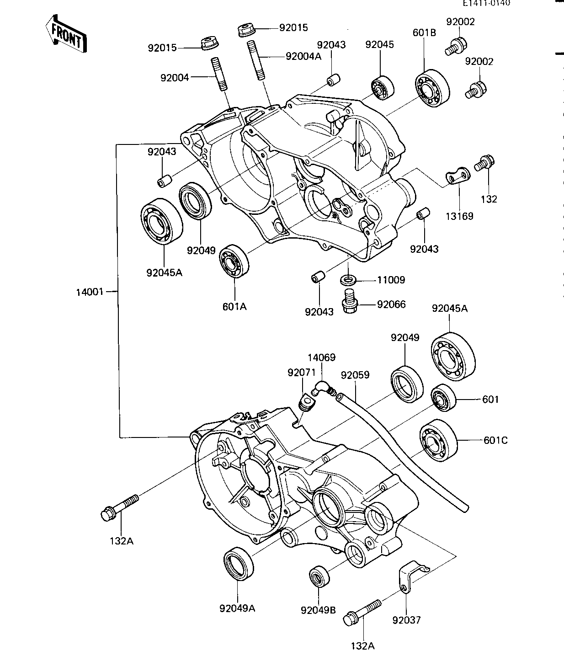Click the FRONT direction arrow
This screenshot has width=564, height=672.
pyautogui.click(x=67, y=34)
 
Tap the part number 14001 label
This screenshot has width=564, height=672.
pyautogui.click(x=90, y=292)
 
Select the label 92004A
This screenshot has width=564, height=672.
pyautogui.click(x=303, y=57)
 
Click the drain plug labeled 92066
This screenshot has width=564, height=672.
pyautogui.click(x=350, y=301)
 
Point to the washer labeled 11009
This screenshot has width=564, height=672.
pyautogui.click(x=348, y=279)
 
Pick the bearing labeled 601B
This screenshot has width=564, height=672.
pyautogui.click(x=432, y=88)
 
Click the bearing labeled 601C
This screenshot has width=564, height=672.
pyautogui.click(x=438, y=441)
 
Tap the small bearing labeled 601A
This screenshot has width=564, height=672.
pyautogui.click(x=234, y=261)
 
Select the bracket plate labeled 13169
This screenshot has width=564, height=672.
pyautogui.click(x=458, y=176)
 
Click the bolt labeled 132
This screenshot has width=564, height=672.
pyautogui.click(x=484, y=163)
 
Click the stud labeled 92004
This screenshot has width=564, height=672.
pyautogui.click(x=219, y=74)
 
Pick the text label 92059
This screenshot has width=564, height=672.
pyautogui.click(x=355, y=375)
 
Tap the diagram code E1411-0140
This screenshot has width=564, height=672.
pyautogui.click(x=486, y=3)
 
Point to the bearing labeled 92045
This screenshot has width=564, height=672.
pyautogui.click(x=382, y=88)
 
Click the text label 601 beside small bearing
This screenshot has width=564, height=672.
pyautogui.click(x=490, y=400)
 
